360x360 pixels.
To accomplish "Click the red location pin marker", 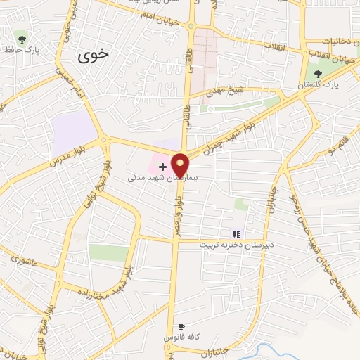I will [180, 165].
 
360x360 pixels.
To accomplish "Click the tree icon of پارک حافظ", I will [22, 38].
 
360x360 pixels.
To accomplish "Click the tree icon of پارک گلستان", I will [319, 73].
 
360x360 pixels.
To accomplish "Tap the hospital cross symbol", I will [163, 167].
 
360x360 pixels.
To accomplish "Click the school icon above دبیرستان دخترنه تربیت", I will [236, 234].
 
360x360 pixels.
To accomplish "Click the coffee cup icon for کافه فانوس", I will [182, 326].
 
